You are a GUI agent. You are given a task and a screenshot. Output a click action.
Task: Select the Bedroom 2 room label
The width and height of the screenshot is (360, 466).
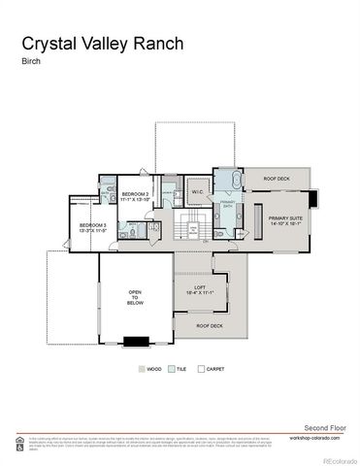click(134, 196)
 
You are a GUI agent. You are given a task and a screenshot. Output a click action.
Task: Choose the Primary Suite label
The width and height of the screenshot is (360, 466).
click(284, 219)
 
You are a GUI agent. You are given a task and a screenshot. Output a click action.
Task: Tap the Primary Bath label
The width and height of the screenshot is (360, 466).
click(225, 206)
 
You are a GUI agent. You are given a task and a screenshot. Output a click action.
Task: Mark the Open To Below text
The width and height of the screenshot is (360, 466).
click(136, 297)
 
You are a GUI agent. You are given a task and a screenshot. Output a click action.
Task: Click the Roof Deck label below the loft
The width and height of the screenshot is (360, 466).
click(209, 326)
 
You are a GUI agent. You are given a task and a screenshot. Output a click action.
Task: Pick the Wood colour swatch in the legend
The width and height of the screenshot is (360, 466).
click(144, 370)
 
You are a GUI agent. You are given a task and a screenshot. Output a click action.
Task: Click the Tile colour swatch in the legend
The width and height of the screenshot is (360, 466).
click(172, 370)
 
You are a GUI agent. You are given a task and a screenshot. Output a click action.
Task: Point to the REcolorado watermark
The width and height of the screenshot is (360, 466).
click(339, 459)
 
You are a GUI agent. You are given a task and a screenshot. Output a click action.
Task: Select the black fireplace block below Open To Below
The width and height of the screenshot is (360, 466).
click(136, 340)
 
